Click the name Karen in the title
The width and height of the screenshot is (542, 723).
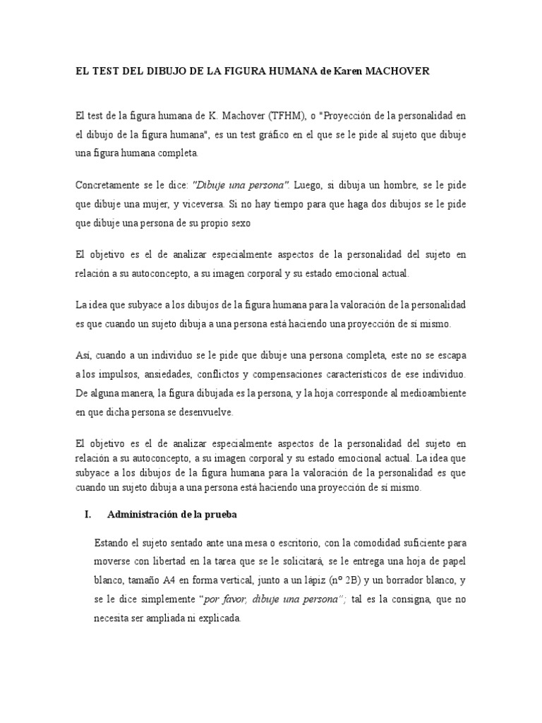(x=356, y=71)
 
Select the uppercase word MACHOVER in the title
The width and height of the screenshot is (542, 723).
(x=408, y=71)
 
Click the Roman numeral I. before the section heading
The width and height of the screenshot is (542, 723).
(x=88, y=515)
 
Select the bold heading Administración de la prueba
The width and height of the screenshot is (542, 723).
(x=171, y=515)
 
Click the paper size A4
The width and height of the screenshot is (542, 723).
(x=188, y=580)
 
